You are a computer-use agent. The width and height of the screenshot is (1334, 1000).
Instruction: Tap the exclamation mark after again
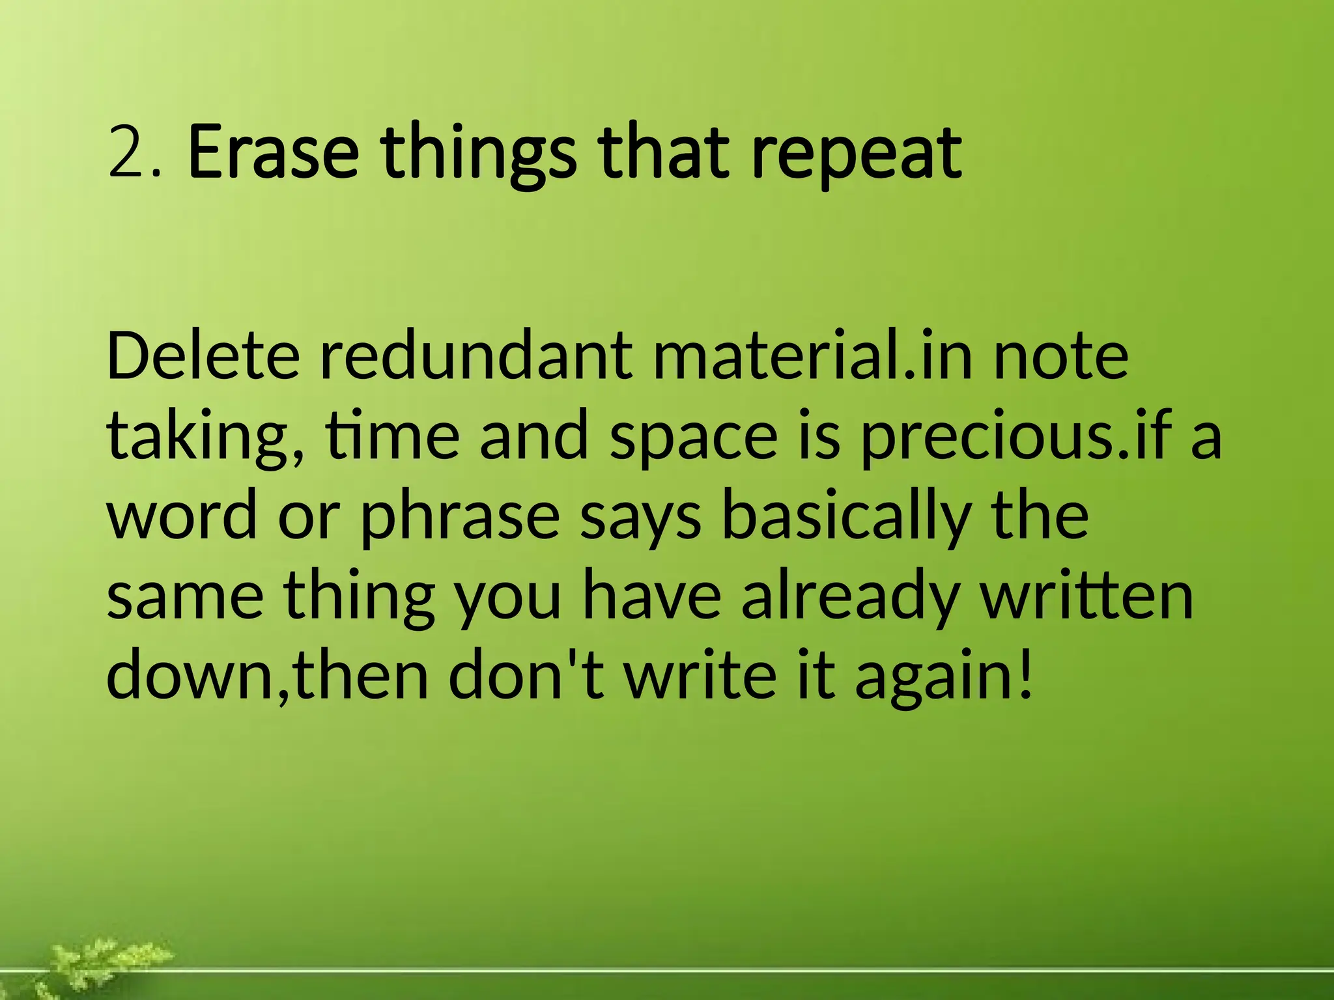click(1025, 674)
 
